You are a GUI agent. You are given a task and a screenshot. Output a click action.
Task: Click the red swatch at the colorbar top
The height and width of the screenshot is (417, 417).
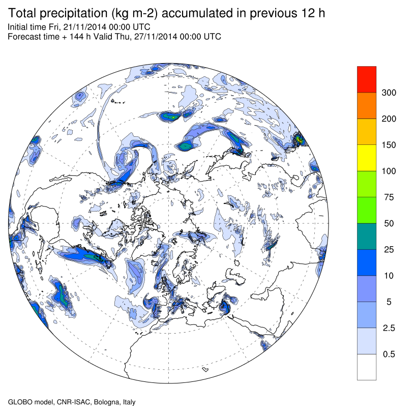[367, 79]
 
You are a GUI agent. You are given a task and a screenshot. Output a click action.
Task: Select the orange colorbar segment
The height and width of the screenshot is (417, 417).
[367, 105]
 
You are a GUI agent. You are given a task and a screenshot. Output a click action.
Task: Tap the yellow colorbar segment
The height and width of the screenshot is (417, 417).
[367, 158]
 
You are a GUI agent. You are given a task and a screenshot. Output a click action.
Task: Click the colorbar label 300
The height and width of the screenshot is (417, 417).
[389, 93]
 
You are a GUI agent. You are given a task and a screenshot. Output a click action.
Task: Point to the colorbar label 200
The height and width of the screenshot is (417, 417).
[389, 119]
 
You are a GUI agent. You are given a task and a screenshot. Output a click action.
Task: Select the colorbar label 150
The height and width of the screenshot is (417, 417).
[389, 145]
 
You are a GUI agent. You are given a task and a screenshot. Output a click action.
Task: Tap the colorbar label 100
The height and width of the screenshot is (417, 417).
[389, 171]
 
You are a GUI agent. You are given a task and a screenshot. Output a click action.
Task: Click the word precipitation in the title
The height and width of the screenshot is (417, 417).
[76, 13]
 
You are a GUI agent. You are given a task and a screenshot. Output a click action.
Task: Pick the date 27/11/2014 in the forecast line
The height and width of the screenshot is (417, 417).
[155, 37]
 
